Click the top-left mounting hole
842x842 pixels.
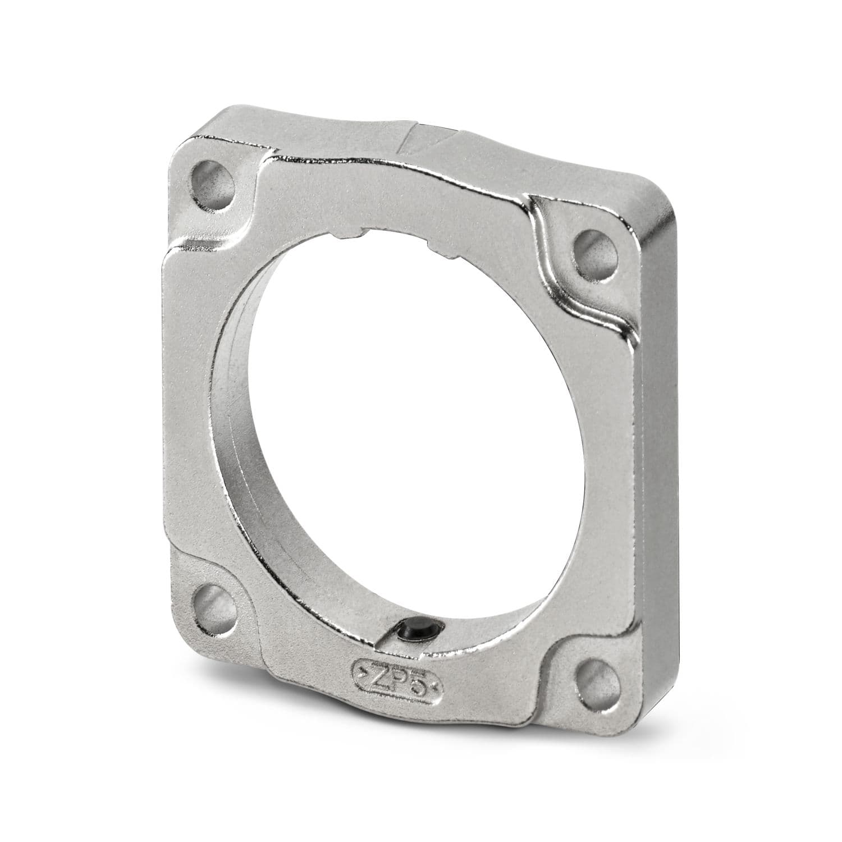coord(213,184)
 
